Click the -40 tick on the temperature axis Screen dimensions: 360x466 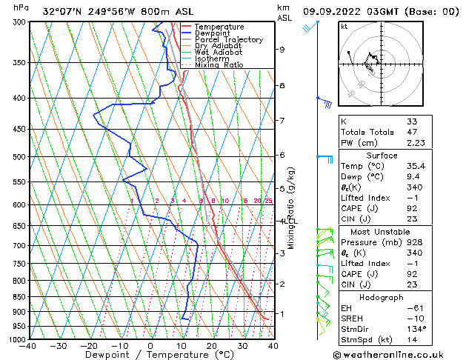click(x=28, y=346)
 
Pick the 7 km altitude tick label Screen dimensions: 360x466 click(x=282, y=121)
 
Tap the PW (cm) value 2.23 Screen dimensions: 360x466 click(x=413, y=143)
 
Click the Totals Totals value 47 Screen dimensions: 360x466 click(x=411, y=132)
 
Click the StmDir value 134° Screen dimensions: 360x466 click(x=414, y=329)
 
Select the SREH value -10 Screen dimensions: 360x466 click(x=413, y=319)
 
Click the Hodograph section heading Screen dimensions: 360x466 click(x=382, y=297)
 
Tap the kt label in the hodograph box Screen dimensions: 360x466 click(x=344, y=27)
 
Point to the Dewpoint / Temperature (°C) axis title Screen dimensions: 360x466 click(x=150, y=355)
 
